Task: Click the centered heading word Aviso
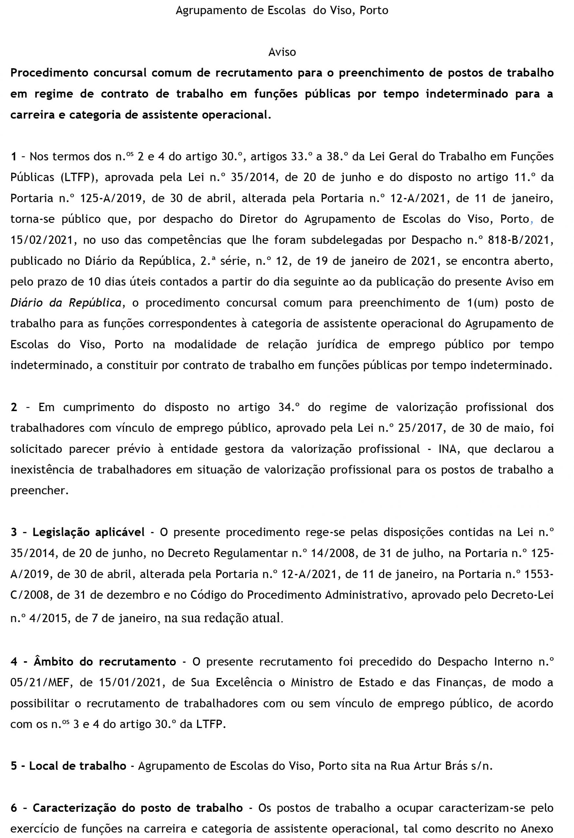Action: pos(282,52)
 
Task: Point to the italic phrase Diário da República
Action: pos(66,303)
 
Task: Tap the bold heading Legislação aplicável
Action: pos(89,532)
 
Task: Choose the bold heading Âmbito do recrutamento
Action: pos(105,662)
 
